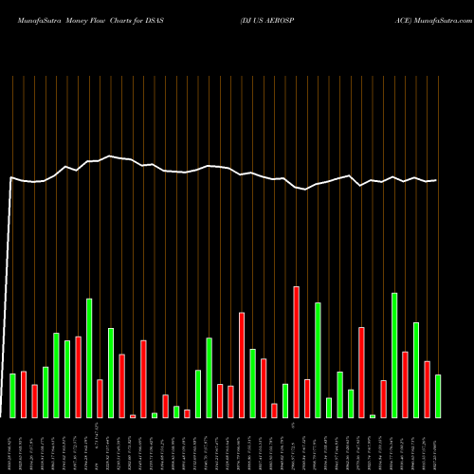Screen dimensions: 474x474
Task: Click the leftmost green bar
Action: (12, 395)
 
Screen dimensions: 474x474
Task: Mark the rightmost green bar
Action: (438, 396)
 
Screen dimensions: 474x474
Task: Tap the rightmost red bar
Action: (428, 390)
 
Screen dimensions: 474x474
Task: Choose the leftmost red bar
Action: (24, 394)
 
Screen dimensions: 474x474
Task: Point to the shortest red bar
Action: (133, 416)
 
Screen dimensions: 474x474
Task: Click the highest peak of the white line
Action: (111, 155)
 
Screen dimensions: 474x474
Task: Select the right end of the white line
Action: (437, 180)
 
